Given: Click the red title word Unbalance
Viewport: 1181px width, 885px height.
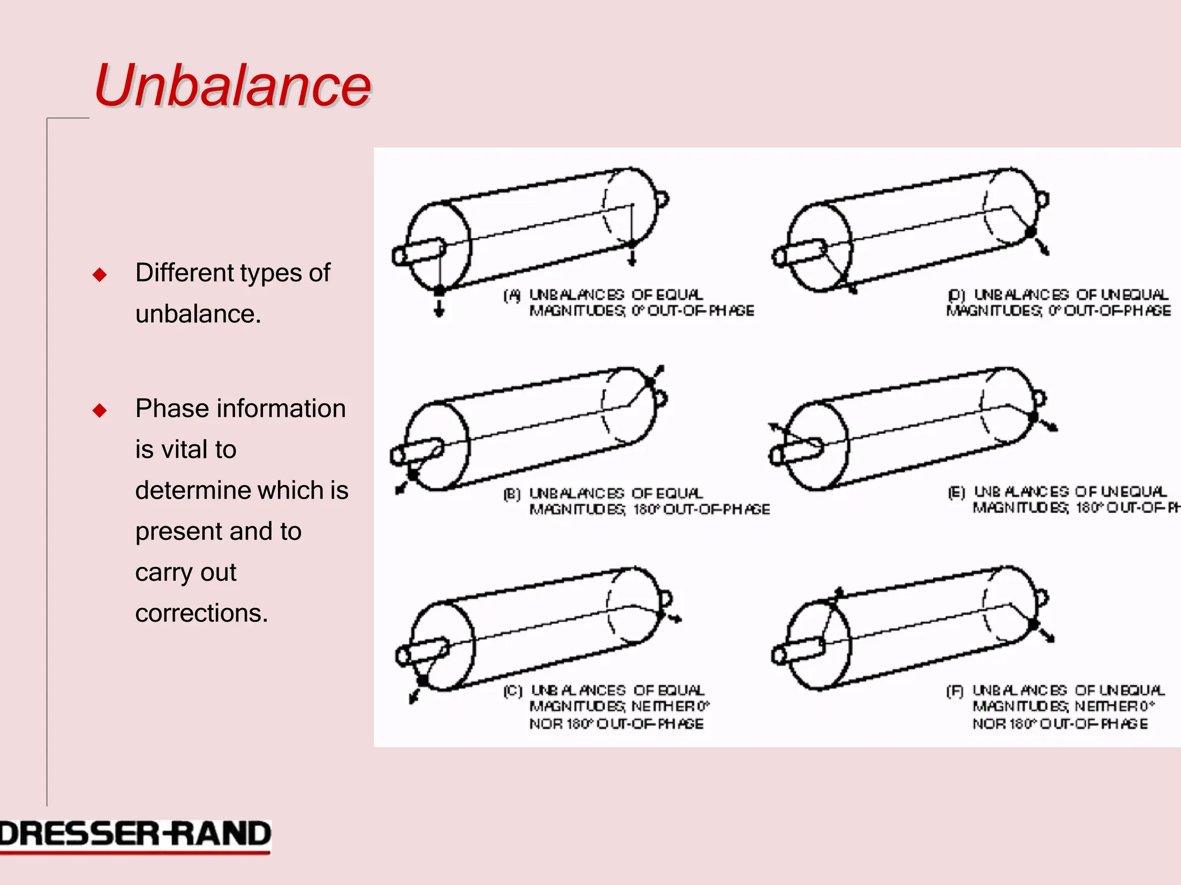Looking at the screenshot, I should [x=232, y=85].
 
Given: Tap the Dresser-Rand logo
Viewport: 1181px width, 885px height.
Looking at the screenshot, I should [x=135, y=836].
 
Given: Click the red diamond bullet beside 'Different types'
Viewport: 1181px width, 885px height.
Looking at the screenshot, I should [x=100, y=274].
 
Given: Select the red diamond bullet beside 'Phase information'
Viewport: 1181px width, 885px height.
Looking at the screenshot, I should [x=100, y=410].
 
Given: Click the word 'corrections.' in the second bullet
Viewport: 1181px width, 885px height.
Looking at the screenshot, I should [x=201, y=613].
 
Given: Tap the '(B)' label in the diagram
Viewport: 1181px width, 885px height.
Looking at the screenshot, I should [x=511, y=494].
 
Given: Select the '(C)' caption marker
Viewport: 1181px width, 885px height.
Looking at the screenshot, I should [x=513, y=691].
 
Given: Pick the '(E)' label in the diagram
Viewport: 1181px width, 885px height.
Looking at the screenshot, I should [x=957, y=493].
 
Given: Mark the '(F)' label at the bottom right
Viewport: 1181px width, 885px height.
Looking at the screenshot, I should [x=955, y=691].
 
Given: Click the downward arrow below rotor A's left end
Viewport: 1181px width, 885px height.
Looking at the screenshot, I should [x=439, y=309].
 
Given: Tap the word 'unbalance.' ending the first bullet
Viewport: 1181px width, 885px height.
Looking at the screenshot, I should [x=198, y=315].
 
